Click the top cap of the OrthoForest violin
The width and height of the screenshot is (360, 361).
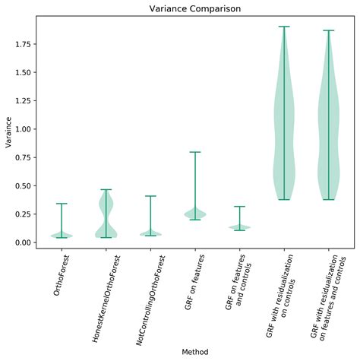(x=62, y=204)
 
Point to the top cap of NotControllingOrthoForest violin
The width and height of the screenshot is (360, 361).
(x=150, y=196)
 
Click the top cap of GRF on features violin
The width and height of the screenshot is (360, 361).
(x=194, y=152)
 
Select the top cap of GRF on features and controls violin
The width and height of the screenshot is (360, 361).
(x=239, y=206)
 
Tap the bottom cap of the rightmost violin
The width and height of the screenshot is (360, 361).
(x=328, y=199)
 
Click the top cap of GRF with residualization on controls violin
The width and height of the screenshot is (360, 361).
(x=283, y=27)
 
